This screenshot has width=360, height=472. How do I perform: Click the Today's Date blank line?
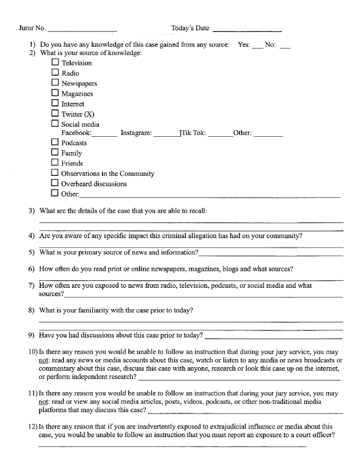coord(246,29)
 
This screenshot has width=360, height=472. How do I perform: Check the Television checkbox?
coord(55,62)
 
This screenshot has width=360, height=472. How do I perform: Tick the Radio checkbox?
coord(55,73)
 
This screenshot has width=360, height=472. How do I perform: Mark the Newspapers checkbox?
coord(55,83)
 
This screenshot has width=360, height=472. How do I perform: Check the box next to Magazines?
coord(55,93)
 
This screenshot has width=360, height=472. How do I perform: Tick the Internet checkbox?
coord(55,103)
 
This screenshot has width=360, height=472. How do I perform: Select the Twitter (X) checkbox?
coord(55,113)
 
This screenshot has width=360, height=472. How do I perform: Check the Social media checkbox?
coord(55,124)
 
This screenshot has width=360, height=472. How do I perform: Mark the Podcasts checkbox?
coord(55,142)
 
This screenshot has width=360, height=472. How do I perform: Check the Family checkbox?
coord(55,152)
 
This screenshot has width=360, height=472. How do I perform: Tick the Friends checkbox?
coord(55,162)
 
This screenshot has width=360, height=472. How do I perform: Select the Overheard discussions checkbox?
coord(55,183)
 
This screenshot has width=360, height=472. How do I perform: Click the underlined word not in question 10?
coord(43,361)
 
